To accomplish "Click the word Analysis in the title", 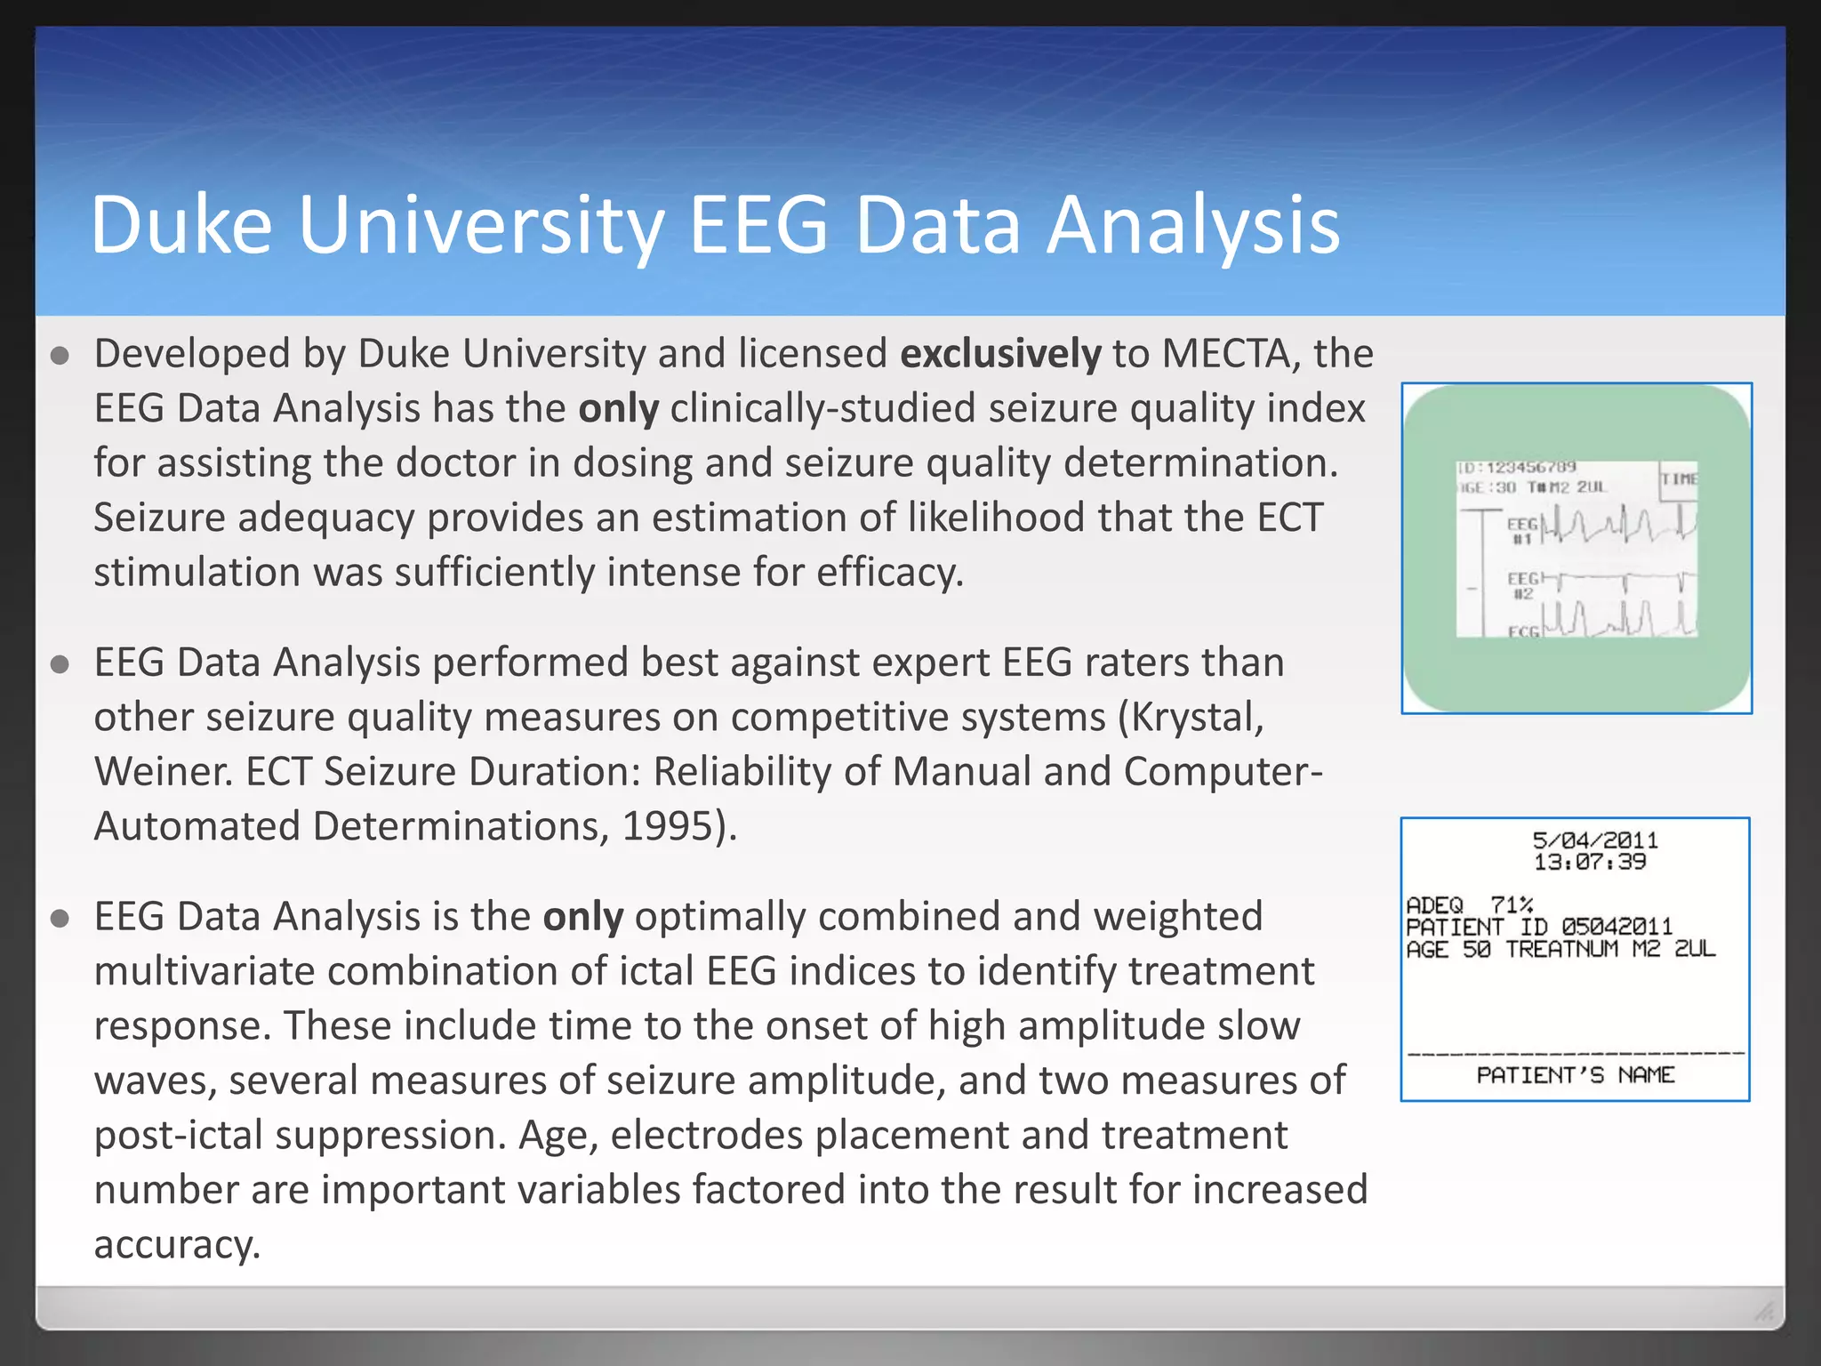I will (1192, 227).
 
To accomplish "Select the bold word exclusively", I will (1000, 354).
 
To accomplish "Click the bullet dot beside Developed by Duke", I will (60, 357).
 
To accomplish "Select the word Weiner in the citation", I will (164, 772).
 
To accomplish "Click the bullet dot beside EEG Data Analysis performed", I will (60, 665).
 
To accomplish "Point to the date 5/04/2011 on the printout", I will (1594, 840).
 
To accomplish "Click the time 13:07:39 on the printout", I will (1590, 862).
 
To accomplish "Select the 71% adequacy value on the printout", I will (1512, 905).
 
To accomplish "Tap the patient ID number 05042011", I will (1616, 927).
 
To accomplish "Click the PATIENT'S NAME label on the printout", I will (1575, 1075).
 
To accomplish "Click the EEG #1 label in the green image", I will (1521, 531).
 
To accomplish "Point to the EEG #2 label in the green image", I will (1521, 586).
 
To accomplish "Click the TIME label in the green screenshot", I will (1679, 479).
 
